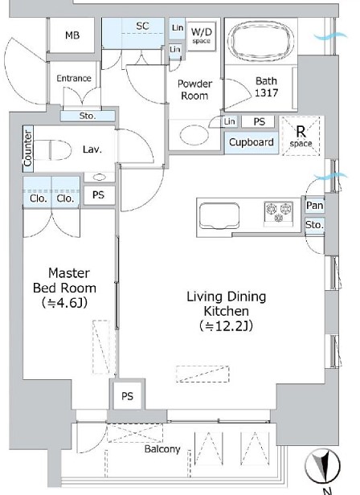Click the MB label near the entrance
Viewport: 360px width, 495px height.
72,35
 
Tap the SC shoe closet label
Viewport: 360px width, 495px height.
142,26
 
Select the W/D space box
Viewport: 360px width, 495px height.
202,36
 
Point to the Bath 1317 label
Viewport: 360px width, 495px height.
267,87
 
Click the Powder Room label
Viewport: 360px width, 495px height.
194,90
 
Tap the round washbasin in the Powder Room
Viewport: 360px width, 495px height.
194,135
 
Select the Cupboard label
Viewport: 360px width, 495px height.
252,142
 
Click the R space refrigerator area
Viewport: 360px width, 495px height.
301,136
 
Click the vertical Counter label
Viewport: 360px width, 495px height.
28,149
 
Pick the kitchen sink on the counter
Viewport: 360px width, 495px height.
219,215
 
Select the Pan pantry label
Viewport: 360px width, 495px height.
314,206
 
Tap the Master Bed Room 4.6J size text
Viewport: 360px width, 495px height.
64,303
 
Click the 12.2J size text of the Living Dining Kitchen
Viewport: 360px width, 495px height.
226,325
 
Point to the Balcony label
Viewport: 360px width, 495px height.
162,449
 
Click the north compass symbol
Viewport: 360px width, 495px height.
322,466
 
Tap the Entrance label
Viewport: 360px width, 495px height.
74,78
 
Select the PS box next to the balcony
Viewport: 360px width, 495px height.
127,396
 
